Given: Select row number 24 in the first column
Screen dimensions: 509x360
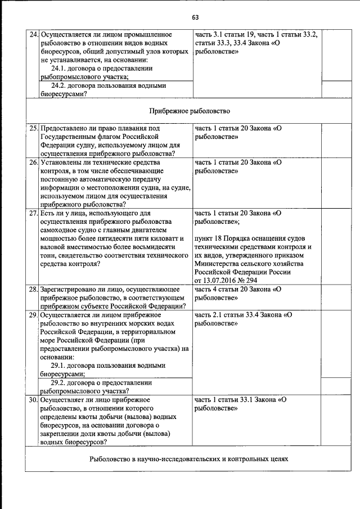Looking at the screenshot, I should tap(34, 34).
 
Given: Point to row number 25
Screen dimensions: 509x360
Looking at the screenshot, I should tap(34, 128).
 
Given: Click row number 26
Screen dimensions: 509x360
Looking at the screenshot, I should tap(34, 162).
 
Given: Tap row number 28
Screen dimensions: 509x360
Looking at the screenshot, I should tap(34, 289).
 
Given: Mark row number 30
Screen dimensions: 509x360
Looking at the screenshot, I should tap(34, 400).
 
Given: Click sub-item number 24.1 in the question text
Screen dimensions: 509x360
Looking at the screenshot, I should tap(59, 68).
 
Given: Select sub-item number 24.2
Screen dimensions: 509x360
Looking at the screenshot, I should tap(59, 85).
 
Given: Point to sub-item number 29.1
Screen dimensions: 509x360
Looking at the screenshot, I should tap(59, 365).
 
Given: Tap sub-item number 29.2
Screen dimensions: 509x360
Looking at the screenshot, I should tap(59, 382).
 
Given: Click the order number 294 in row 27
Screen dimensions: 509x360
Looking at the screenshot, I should tap(251, 281).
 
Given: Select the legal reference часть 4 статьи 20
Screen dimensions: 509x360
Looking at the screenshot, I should tap(224, 289).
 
